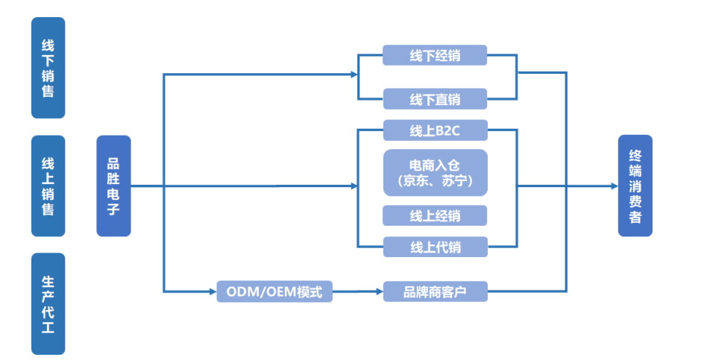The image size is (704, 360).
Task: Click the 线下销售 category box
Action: click(48, 68)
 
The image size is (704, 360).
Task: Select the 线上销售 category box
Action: click(48, 186)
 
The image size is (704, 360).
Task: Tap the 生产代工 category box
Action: click(48, 303)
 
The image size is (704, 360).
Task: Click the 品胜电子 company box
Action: click(113, 186)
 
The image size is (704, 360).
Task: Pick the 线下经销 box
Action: click(435, 55)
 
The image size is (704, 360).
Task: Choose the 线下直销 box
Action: click(435, 99)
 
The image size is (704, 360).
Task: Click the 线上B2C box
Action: click(435, 130)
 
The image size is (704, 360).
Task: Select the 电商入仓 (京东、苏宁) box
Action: click(435, 172)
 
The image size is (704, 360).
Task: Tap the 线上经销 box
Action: click(435, 216)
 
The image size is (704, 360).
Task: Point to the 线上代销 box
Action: click(435, 247)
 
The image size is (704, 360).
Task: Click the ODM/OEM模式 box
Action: click(274, 291)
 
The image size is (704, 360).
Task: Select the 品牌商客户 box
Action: click(435, 291)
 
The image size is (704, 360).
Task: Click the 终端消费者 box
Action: click(635, 186)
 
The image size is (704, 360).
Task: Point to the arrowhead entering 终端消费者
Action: click(614, 186)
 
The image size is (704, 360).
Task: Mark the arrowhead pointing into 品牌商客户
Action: click(379, 291)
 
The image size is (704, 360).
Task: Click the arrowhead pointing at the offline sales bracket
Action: click(354, 74)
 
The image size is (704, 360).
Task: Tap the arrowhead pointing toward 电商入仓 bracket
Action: click(354, 186)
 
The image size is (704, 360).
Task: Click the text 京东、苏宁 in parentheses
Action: click(435, 181)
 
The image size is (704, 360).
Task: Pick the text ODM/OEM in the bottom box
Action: click(261, 291)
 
